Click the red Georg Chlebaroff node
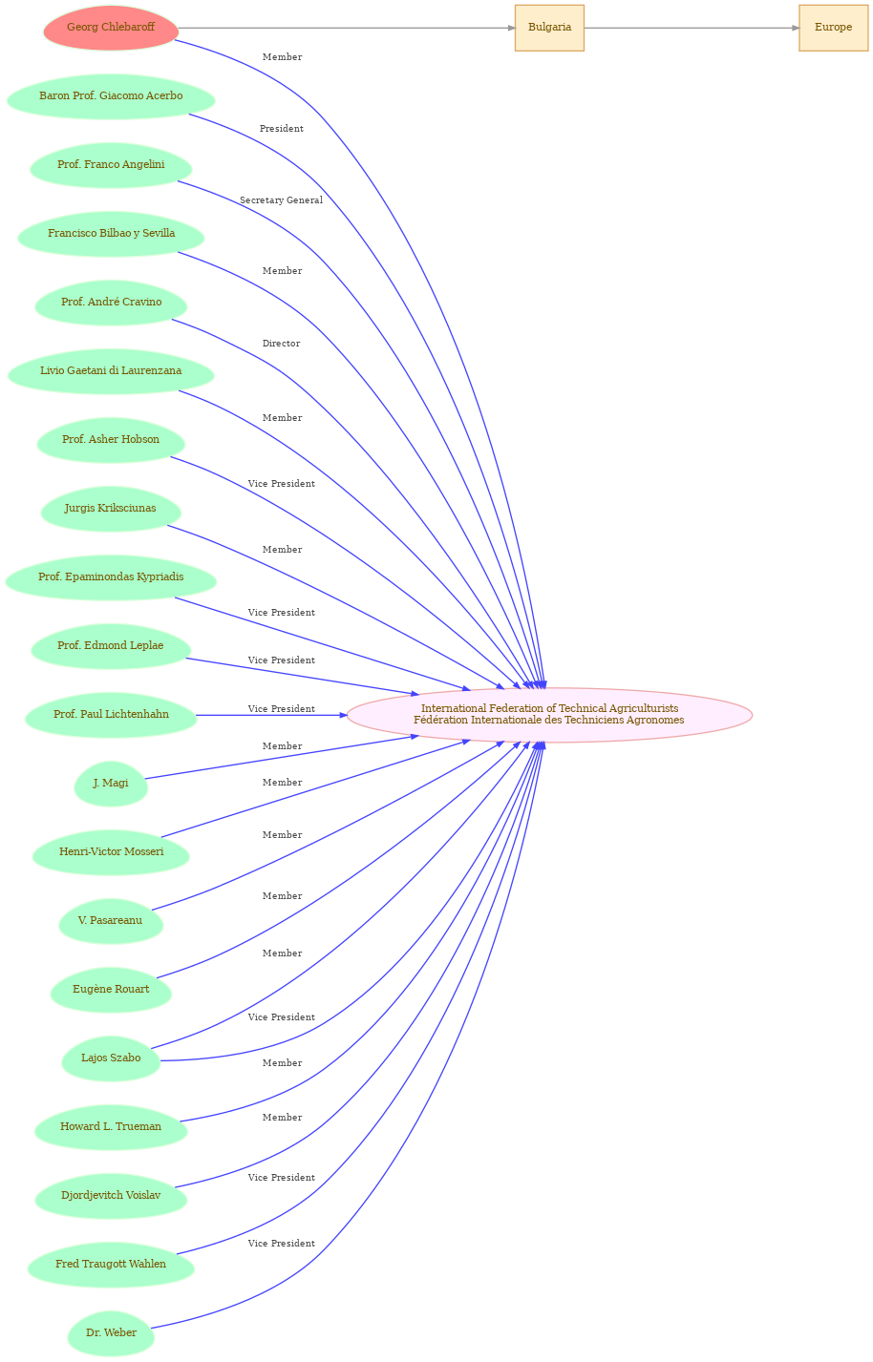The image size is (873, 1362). click(x=111, y=28)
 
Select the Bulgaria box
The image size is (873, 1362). click(x=549, y=28)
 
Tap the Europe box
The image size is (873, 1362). click(x=833, y=28)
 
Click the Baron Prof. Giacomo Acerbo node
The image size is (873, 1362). click(x=111, y=96)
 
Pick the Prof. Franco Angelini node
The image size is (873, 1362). click(x=111, y=165)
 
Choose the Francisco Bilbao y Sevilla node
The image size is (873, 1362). click(x=111, y=234)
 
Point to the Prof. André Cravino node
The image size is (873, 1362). click(x=111, y=303)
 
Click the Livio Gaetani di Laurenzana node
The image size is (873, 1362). click(x=111, y=371)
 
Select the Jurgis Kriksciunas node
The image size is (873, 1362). click(x=111, y=509)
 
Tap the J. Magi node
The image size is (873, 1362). click(x=111, y=784)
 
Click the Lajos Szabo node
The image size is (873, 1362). click(x=111, y=1058)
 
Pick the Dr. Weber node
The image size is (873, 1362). click(x=111, y=1332)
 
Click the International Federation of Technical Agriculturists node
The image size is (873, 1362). click(x=549, y=715)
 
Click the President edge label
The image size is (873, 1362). click(x=281, y=129)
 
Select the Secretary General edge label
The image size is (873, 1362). click(x=281, y=200)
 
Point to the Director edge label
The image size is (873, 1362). click(x=281, y=344)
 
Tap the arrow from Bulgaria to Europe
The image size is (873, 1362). click(x=692, y=28)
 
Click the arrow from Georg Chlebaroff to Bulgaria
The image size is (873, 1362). click(x=347, y=28)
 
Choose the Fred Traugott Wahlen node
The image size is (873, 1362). click(x=111, y=1264)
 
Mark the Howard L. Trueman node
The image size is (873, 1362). click(x=111, y=1126)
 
